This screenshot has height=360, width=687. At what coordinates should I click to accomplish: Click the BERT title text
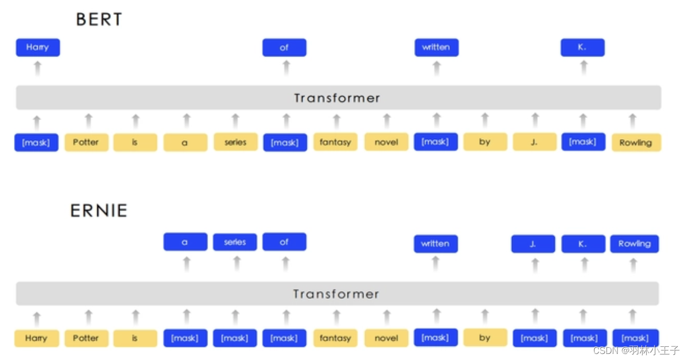[99, 19]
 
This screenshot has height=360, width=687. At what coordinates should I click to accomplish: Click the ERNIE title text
[99, 211]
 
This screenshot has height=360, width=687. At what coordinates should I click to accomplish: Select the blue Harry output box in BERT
[38, 47]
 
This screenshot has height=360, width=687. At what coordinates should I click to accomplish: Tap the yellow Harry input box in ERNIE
[36, 338]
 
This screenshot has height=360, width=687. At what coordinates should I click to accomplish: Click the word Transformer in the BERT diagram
[337, 98]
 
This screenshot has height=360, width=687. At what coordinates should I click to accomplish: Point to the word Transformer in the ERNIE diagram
[336, 294]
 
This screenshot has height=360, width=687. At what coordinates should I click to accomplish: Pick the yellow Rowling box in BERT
[636, 142]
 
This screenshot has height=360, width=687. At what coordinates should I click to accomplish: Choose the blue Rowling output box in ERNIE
[634, 244]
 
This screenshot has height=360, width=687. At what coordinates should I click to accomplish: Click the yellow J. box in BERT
[534, 142]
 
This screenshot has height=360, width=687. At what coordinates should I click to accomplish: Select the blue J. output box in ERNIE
[533, 244]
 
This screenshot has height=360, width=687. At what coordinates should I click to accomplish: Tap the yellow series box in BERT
[236, 142]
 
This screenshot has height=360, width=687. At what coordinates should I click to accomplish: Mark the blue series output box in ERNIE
[235, 242]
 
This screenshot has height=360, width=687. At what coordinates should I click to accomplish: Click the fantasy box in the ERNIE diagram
[335, 338]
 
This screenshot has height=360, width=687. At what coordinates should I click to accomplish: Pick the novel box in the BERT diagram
[386, 142]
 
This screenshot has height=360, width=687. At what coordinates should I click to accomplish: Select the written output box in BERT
[436, 47]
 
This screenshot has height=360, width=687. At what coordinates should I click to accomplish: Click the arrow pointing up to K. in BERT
[584, 68]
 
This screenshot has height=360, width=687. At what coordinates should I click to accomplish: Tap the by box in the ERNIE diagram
[485, 338]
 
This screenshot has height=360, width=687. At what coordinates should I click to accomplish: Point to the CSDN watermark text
[636, 350]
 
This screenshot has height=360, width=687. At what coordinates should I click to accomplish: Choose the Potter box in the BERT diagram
[86, 142]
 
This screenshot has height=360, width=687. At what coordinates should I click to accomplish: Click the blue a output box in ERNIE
[185, 242]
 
